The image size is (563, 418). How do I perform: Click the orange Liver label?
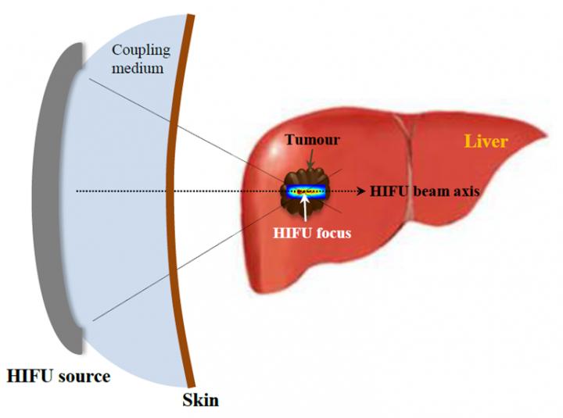(486, 141)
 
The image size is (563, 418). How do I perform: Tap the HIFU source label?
(59, 377)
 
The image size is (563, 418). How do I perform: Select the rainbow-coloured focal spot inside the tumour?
(307, 191)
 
